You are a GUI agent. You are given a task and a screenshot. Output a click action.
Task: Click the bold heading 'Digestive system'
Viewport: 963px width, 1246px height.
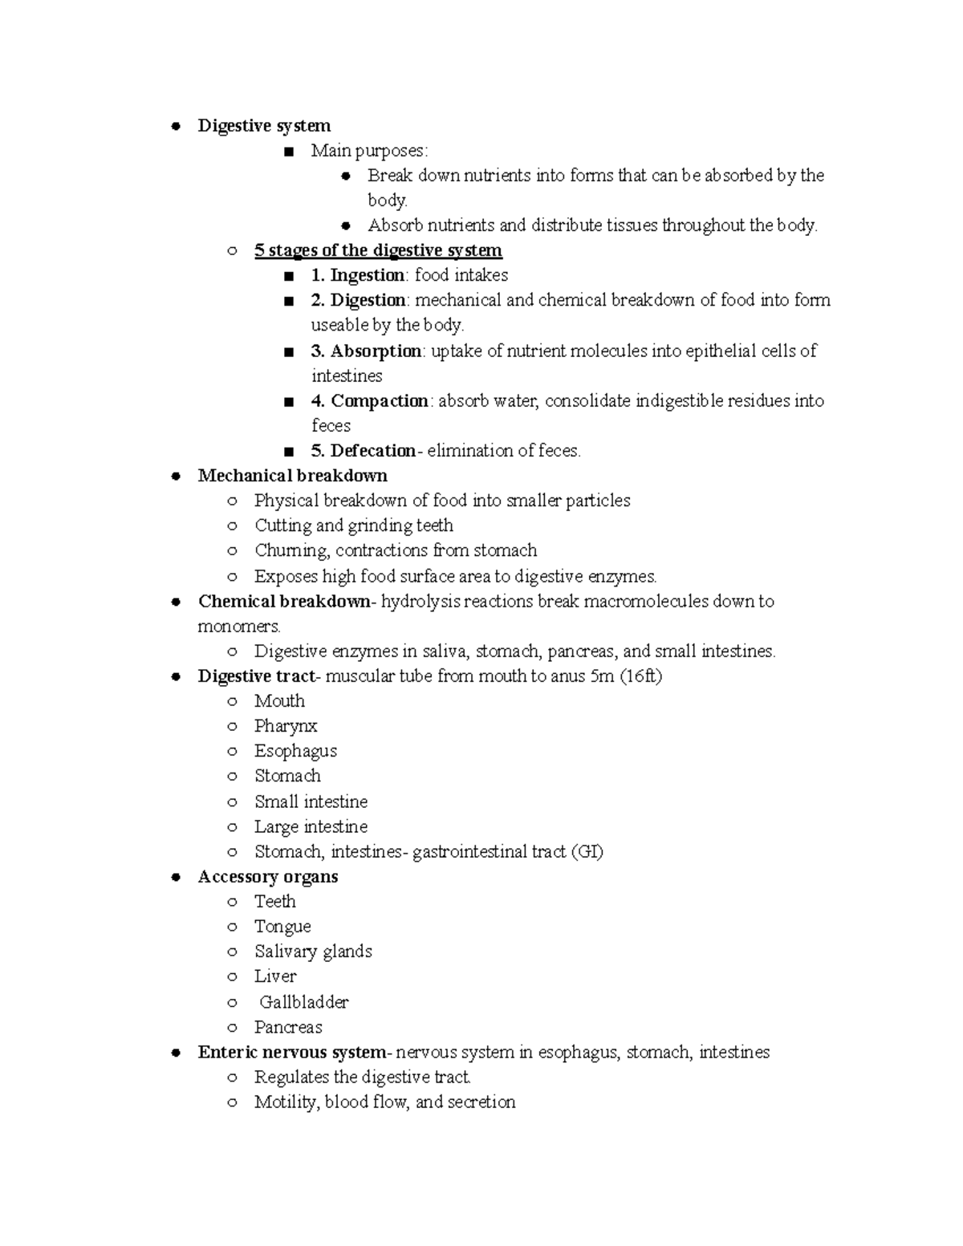[264, 126]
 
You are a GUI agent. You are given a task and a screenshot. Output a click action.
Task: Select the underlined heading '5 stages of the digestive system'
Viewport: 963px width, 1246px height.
[378, 250]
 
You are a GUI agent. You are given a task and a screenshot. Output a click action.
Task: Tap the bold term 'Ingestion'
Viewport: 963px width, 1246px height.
[367, 275]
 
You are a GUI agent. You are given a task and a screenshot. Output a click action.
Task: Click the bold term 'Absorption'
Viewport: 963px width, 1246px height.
[376, 351]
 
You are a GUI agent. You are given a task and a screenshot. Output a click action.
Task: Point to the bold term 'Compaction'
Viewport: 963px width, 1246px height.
[379, 400]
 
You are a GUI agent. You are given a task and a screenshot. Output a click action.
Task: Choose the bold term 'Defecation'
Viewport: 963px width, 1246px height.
[372, 451]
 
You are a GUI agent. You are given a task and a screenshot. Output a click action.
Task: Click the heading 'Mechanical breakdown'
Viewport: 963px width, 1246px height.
[292, 476]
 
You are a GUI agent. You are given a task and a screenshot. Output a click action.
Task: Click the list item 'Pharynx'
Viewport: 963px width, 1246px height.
[286, 726]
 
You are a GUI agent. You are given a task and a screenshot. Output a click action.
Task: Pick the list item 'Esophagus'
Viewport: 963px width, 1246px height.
[295, 751]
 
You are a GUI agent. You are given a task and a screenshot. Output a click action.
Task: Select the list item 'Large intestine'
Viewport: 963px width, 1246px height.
[311, 826]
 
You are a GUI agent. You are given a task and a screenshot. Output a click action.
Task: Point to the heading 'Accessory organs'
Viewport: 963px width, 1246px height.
[267, 877]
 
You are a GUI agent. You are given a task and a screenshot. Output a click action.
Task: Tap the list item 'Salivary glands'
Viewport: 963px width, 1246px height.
[313, 952]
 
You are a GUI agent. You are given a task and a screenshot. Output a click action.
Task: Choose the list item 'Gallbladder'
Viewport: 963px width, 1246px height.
[303, 1002]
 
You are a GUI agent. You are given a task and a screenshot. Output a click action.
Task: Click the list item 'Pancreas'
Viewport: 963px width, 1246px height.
[288, 1027]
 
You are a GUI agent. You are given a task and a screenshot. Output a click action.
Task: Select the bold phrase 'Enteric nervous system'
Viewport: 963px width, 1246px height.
[292, 1052]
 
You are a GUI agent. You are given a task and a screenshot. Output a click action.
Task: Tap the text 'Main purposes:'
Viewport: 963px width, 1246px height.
[370, 151]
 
